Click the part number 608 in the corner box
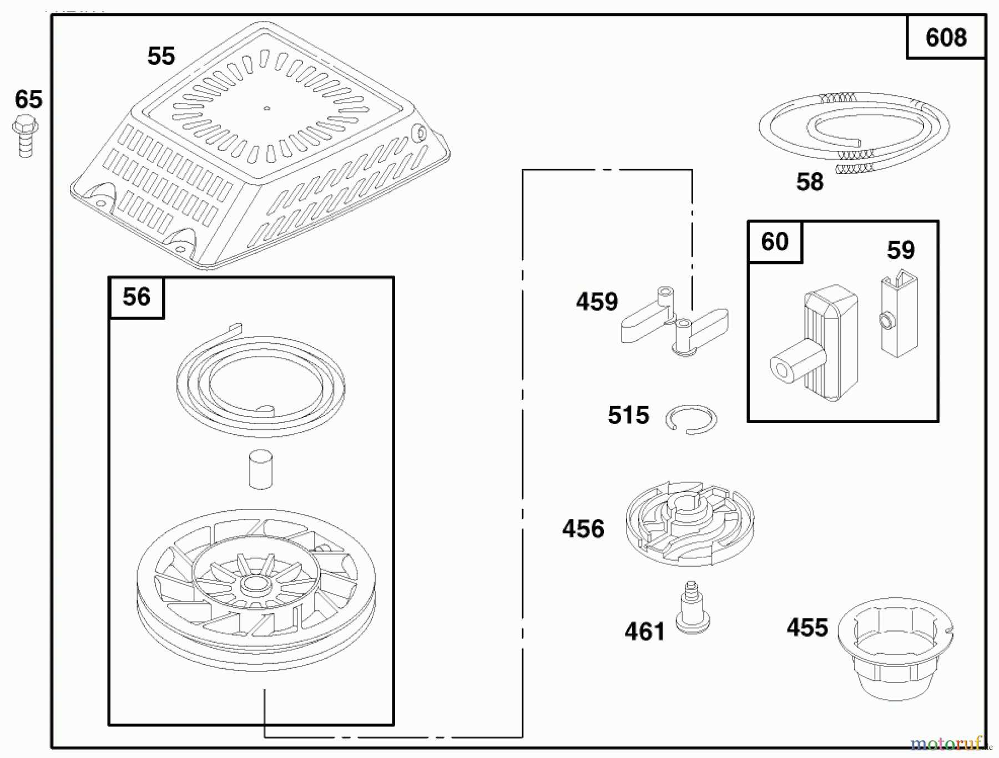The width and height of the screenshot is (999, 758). pos(946,38)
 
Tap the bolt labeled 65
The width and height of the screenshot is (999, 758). pos(25,136)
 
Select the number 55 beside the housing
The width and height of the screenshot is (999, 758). pos(161,56)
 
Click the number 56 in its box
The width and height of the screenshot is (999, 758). pos(137,297)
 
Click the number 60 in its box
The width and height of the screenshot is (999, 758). pos(775,242)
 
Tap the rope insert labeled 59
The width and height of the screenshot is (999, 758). pos(899,313)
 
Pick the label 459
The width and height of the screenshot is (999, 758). pos(597,302)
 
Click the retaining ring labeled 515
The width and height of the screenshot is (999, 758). pos(691,420)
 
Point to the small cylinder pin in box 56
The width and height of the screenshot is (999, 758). pos(260,469)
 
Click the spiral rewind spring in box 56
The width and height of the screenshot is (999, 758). pos(260,385)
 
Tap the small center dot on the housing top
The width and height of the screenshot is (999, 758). pos(266,109)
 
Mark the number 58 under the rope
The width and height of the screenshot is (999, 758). pos(810,182)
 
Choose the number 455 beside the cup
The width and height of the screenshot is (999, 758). pos(807,628)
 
